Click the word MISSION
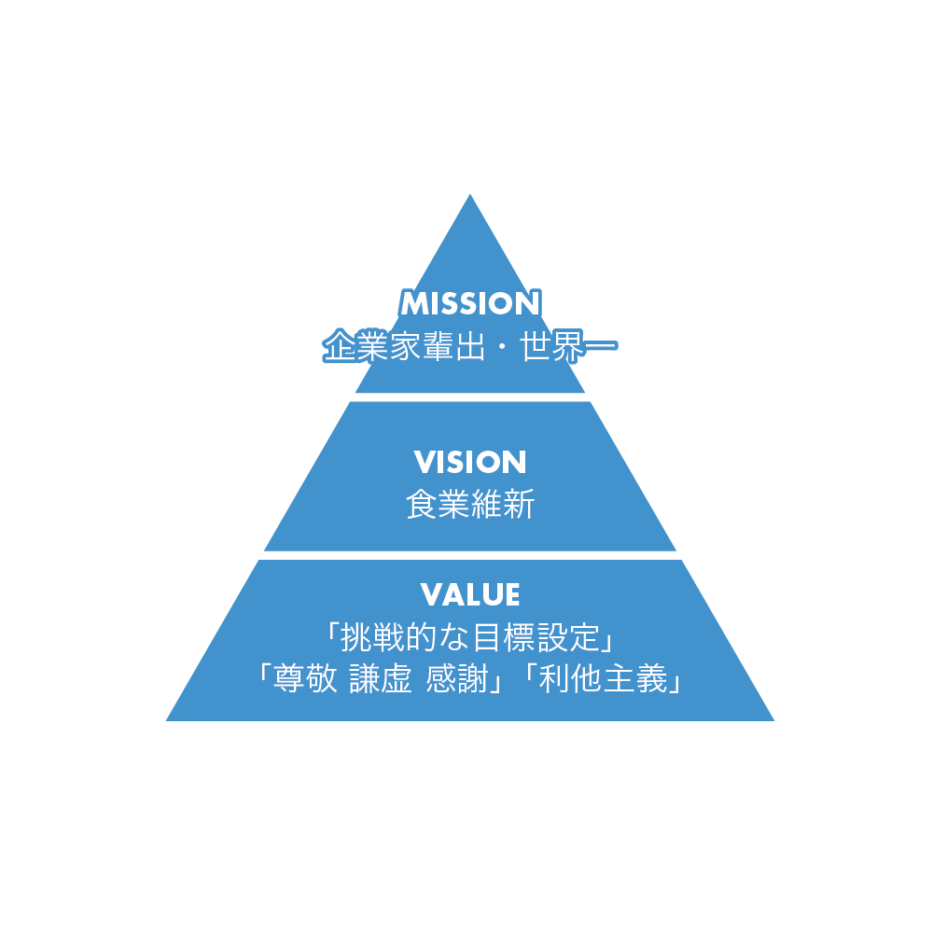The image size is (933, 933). (x=470, y=303)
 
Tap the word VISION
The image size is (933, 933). (x=470, y=463)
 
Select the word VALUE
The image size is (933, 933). (x=470, y=594)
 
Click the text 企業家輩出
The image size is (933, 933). (x=404, y=346)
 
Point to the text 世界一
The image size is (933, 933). (x=568, y=346)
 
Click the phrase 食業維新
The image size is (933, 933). (x=470, y=504)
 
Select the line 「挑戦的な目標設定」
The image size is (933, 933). (x=470, y=637)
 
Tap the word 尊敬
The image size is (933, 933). (x=305, y=678)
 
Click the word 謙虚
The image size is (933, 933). (x=381, y=678)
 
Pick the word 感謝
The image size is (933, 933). (x=457, y=678)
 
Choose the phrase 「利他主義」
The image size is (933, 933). (x=602, y=678)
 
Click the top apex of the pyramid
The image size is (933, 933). (x=470, y=194)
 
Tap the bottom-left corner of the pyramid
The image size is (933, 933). (x=166, y=720)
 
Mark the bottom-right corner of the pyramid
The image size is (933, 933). (x=774, y=720)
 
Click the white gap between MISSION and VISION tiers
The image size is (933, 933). (x=470, y=397)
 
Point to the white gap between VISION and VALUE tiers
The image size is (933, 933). (x=470, y=555)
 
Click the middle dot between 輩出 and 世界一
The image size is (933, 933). (x=502, y=346)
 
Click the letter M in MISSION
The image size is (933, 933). (x=414, y=303)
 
